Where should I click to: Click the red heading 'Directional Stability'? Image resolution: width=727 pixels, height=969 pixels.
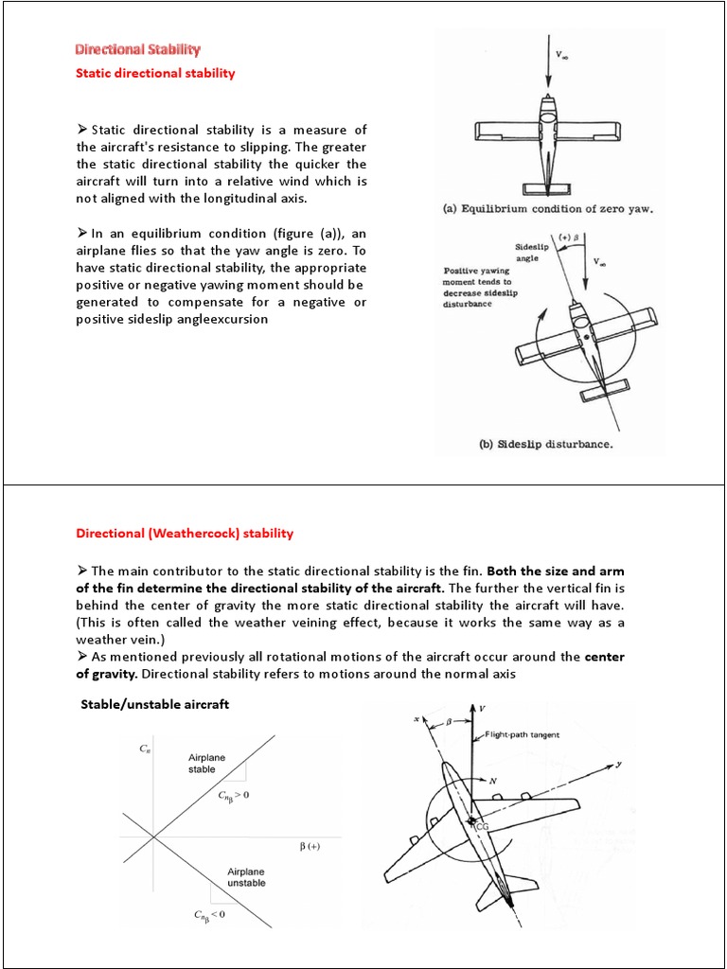(138, 49)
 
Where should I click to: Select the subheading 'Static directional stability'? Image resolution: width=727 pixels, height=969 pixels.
(155, 73)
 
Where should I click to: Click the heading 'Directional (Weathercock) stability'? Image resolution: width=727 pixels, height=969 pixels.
(185, 533)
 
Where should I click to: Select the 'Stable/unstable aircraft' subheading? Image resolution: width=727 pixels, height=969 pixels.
(155, 705)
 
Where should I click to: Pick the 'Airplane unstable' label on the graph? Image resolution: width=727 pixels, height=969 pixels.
(246, 876)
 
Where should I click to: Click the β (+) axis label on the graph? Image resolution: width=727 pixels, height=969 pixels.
(310, 846)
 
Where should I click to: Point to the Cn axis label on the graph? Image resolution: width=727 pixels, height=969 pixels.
(145, 749)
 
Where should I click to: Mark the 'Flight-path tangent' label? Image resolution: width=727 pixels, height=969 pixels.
(526, 733)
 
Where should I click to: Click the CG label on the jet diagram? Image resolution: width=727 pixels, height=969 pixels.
(482, 826)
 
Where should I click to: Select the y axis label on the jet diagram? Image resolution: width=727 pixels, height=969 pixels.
(618, 765)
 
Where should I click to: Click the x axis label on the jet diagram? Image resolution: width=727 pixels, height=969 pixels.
(416, 720)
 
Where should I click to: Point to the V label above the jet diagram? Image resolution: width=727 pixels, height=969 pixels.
(483, 708)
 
